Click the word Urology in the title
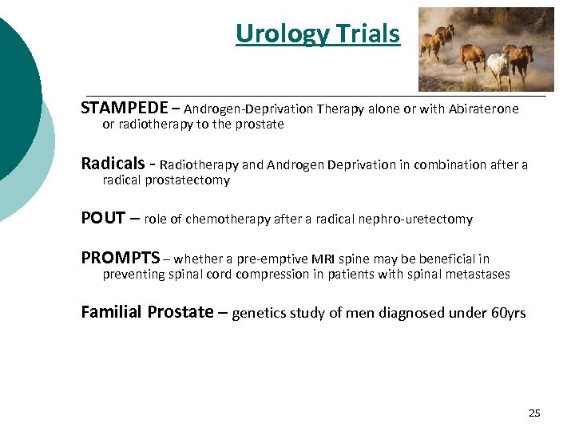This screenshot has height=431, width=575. pos(272,34)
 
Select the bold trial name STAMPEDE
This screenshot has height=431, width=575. pos(124,108)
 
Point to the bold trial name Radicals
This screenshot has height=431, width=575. pos(113,164)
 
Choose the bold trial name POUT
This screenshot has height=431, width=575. pos(104,218)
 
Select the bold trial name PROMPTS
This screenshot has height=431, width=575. pos(121,258)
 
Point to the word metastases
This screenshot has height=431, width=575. pos(478,275)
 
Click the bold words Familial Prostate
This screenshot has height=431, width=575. pos(147,312)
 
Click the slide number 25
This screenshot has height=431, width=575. pos(534,413)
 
